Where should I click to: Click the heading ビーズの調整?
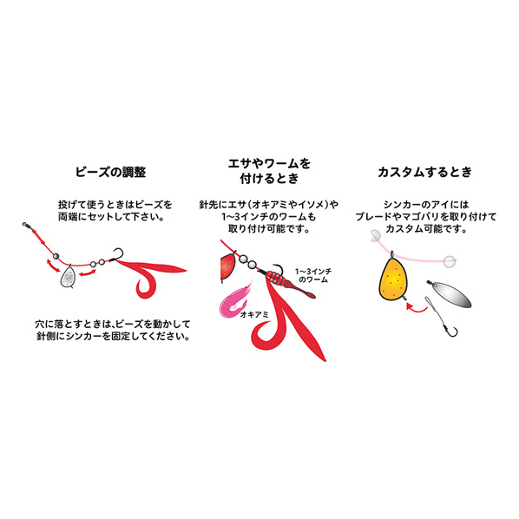point(110,172)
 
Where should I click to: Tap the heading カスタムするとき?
point(424,172)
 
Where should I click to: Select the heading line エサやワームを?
point(269,163)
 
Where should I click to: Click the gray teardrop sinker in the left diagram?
point(69,276)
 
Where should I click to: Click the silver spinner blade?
point(450,293)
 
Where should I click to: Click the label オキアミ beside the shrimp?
point(254,314)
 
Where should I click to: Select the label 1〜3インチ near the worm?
point(313,272)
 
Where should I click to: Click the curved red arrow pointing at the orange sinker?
point(417,309)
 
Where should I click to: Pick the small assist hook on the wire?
point(450,330)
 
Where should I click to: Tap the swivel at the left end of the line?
point(27,226)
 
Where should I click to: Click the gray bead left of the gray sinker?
point(56,256)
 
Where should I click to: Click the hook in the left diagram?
point(117,255)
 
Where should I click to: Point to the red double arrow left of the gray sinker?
point(53,266)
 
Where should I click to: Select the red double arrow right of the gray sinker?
point(88,273)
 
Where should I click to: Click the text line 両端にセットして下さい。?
point(112,217)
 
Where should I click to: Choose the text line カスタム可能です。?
point(426,228)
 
